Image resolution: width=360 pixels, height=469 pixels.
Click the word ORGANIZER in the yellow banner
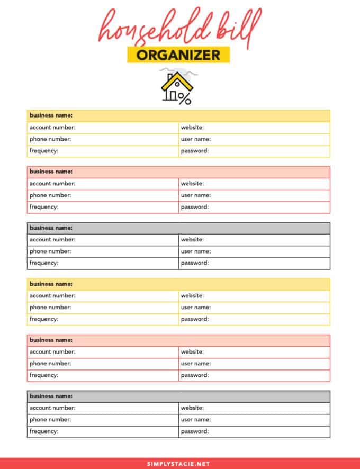178,55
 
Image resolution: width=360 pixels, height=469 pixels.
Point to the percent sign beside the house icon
184,98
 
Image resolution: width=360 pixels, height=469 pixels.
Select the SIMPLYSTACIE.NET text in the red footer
179,463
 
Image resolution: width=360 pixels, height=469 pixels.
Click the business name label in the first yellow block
51,115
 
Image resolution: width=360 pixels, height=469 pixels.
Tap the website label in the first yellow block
192,128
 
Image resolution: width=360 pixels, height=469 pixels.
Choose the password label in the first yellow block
194,151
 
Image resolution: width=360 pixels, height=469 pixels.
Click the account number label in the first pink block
52,184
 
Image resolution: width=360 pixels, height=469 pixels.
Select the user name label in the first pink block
196,195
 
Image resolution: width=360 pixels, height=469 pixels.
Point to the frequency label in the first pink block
44,207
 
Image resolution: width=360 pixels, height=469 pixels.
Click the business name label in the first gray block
51,228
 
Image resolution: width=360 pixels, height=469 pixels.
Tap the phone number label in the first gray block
50,251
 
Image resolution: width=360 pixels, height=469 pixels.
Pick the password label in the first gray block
194,263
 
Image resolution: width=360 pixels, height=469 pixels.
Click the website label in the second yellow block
192,296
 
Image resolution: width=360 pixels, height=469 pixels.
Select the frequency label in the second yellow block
44,319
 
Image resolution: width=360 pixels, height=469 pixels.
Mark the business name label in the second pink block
51,340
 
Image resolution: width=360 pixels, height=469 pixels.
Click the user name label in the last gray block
196,420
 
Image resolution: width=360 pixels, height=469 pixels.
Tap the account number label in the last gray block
52,408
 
